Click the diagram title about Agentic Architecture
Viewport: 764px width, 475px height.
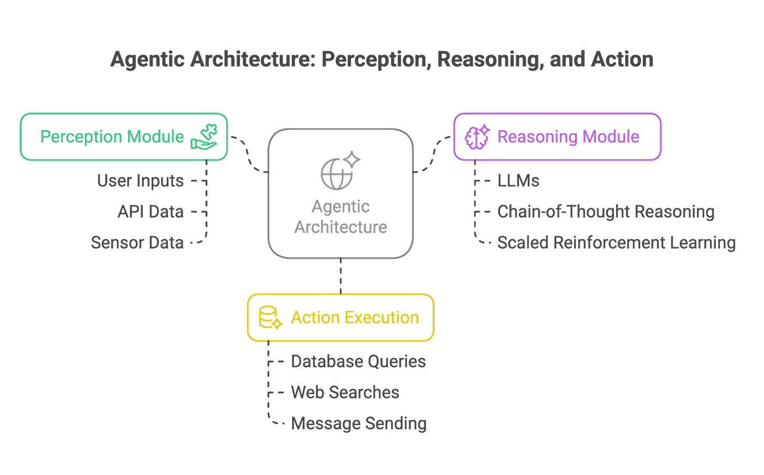click(x=381, y=59)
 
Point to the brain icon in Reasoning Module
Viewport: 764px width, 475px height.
click(x=476, y=137)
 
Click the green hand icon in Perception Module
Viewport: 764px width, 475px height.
click(x=204, y=136)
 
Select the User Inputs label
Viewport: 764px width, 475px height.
click(x=141, y=181)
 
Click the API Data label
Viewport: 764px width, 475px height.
click(x=151, y=212)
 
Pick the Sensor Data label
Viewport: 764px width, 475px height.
click(x=137, y=242)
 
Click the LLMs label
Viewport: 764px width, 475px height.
click(x=518, y=181)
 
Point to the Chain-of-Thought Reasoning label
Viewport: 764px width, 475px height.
click(x=606, y=212)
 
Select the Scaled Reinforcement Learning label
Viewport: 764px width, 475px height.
click(x=617, y=242)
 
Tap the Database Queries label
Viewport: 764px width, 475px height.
click(x=358, y=362)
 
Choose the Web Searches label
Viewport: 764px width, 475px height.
click(x=345, y=393)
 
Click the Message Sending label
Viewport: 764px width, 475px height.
click(x=359, y=424)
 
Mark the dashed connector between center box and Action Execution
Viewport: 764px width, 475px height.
click(x=341, y=276)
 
